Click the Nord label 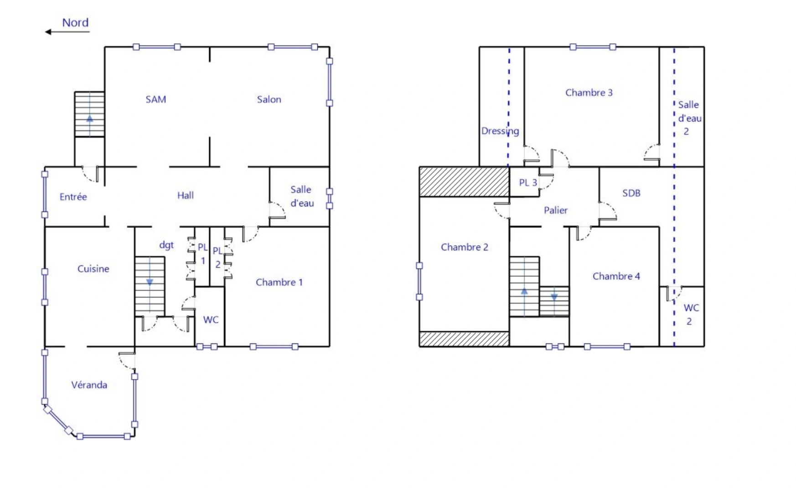tap(75, 22)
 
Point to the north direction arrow tap(67, 32)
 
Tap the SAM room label tap(156, 99)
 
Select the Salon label tap(269, 99)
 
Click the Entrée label tap(73, 197)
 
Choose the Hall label tap(186, 195)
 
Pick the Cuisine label tap(93, 269)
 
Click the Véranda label tap(89, 385)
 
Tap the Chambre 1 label tap(279, 282)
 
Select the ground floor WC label tap(211, 320)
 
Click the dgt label tap(166, 245)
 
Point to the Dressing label tap(500, 131)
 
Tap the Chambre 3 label tap(589, 92)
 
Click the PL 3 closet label tap(528, 183)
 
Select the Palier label tap(556, 210)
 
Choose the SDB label tap(631, 193)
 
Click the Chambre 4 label tap(616, 276)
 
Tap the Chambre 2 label tap(465, 247)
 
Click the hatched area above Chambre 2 tap(464, 182)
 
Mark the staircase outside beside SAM tap(90, 114)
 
